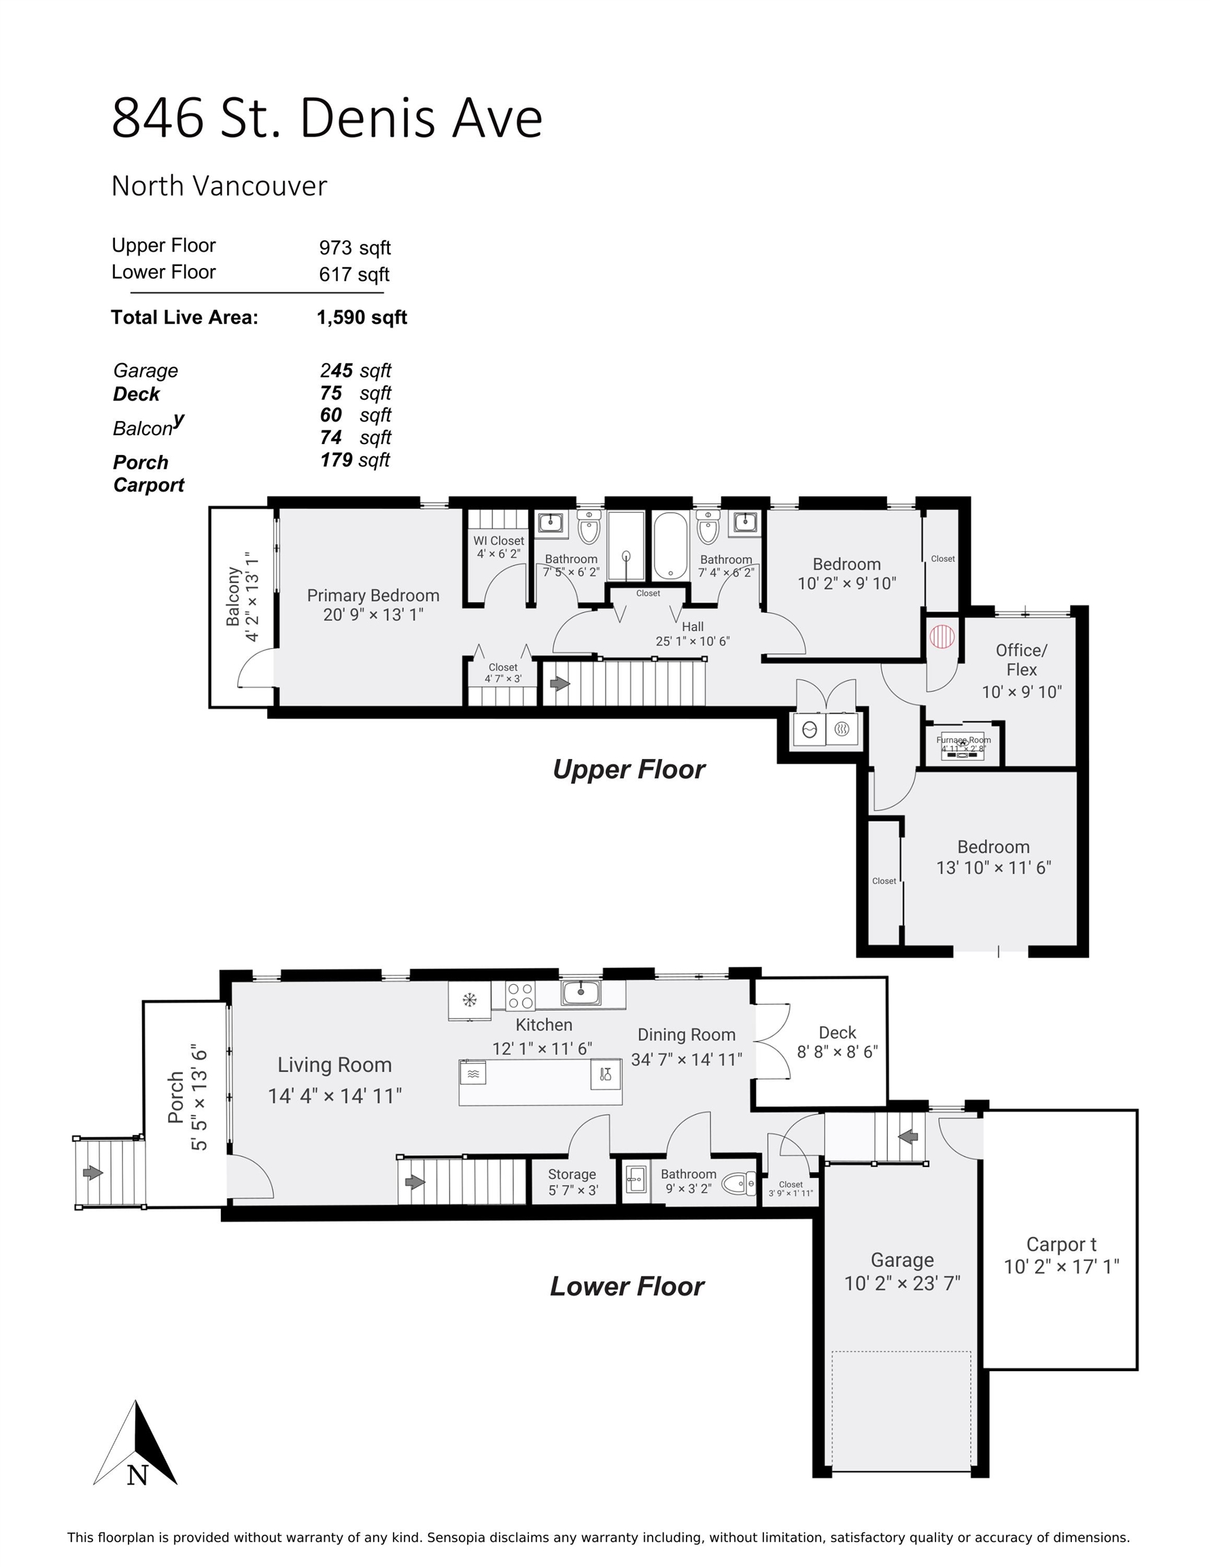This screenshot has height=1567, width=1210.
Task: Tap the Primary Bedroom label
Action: coord(373,595)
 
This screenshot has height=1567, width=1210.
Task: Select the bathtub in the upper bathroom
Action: coord(672,545)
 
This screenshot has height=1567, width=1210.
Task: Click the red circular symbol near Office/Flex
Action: coord(941,636)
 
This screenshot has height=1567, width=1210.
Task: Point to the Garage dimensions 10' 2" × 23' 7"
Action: coord(901,1283)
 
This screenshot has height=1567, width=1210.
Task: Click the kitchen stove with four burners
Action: coord(520,996)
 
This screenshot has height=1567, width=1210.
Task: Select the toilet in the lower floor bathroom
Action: coord(738,1183)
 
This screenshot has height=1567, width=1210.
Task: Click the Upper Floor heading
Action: coord(628,769)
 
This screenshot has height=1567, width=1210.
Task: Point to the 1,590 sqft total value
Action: coord(362,318)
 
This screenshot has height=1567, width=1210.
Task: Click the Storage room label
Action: coord(572,1174)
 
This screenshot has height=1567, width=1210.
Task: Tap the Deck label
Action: coord(837,1032)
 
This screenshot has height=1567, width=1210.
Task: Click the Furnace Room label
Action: coord(963,740)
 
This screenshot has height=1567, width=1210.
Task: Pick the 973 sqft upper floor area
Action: coord(354,248)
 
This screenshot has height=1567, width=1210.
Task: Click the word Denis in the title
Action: coord(367,118)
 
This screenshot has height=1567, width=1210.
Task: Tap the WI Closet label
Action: coord(498,540)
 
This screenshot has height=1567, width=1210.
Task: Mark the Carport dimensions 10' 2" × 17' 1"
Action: coord(1061,1266)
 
